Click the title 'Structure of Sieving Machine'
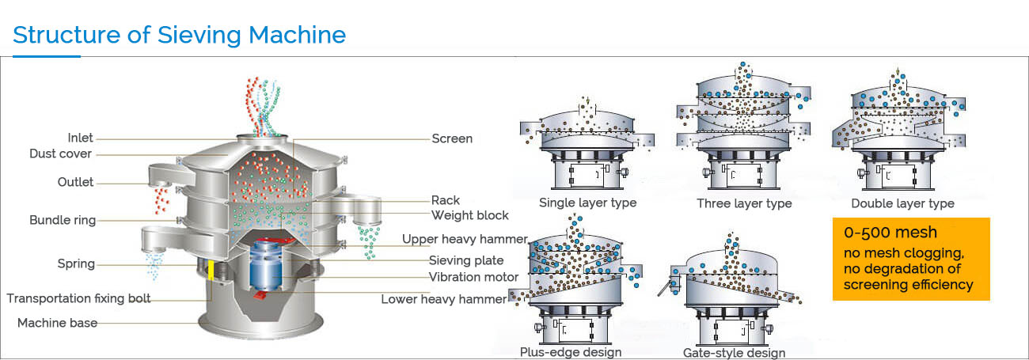coord(180,35)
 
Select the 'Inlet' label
coord(80,138)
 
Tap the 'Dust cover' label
coord(61,153)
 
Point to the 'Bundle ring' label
coord(63,220)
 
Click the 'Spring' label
coord(76,263)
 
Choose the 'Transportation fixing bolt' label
coord(78,298)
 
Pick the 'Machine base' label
coord(58,323)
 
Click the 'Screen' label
coord(452,138)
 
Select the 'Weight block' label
coord(470,215)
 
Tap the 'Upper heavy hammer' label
coord(465,239)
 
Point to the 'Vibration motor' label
coord(474,277)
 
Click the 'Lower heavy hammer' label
coord(444,299)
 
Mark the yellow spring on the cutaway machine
coord(211,270)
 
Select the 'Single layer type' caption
coord(587,203)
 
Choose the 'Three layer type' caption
coord(744,203)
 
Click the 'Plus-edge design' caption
coord(571,351)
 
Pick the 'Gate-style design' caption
coord(734,353)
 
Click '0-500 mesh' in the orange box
coord(890,233)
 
